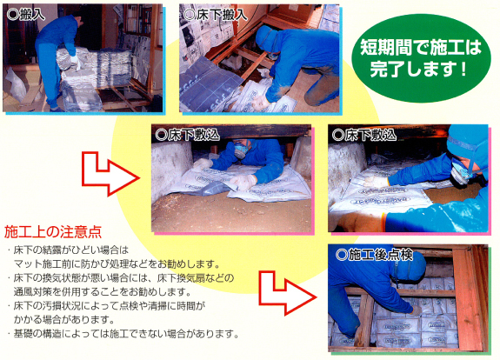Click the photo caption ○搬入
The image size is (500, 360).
(x=26, y=15)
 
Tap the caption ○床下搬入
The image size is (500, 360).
(x=216, y=15)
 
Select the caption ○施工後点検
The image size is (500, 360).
(x=375, y=255)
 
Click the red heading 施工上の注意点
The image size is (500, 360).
(x=53, y=232)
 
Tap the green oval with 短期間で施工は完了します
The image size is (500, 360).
(x=421, y=57)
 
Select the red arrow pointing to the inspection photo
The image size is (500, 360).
(x=287, y=293)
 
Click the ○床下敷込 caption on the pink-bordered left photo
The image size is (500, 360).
(x=188, y=135)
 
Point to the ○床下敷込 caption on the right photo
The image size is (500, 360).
(x=363, y=135)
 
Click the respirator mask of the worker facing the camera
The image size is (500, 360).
(x=242, y=150)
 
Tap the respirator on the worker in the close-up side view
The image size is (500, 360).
(x=461, y=175)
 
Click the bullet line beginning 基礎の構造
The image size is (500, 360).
(x=123, y=334)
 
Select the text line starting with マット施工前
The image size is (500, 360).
(x=117, y=264)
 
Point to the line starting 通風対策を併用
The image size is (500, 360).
(x=102, y=292)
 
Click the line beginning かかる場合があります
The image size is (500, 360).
(x=63, y=319)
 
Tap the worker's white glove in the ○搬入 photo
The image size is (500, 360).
(x=76, y=61)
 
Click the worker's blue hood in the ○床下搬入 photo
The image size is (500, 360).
(x=267, y=39)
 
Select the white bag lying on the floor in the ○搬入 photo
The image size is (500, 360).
(x=16, y=83)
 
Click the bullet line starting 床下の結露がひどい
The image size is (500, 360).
(x=67, y=250)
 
